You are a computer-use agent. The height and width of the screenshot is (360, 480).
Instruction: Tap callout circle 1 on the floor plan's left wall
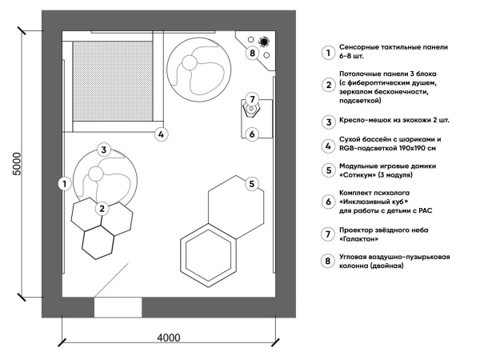(x=62, y=183)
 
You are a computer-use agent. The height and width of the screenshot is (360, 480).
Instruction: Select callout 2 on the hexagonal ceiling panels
(x=102, y=209)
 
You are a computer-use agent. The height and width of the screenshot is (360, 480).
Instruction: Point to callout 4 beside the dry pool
(x=161, y=134)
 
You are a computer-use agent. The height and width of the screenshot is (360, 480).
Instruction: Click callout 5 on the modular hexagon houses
(x=251, y=184)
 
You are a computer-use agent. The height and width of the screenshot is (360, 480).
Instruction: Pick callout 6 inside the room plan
(x=251, y=134)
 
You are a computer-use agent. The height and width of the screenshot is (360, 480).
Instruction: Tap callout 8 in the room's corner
(x=252, y=54)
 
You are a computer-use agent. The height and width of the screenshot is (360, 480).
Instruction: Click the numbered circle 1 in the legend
(x=327, y=53)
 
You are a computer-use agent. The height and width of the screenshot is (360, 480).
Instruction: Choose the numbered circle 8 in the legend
(x=327, y=260)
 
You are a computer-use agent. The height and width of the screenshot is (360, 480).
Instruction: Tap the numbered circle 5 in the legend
(x=327, y=169)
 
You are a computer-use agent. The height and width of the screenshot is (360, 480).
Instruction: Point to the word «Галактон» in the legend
(x=362, y=238)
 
